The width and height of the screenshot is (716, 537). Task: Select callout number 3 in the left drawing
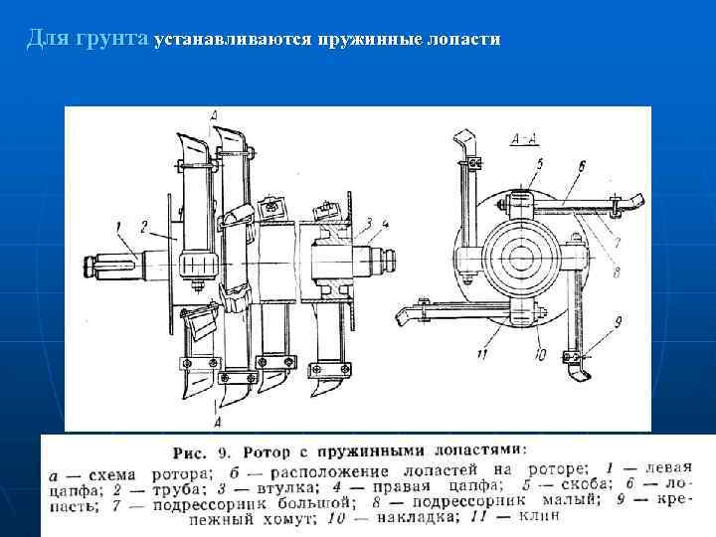point(368,222)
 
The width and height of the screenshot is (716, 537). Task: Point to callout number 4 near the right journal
point(385,222)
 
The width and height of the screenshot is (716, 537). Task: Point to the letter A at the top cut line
point(214,117)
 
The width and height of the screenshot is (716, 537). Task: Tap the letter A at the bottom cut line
point(215,406)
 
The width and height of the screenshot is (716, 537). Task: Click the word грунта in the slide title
point(111,41)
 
